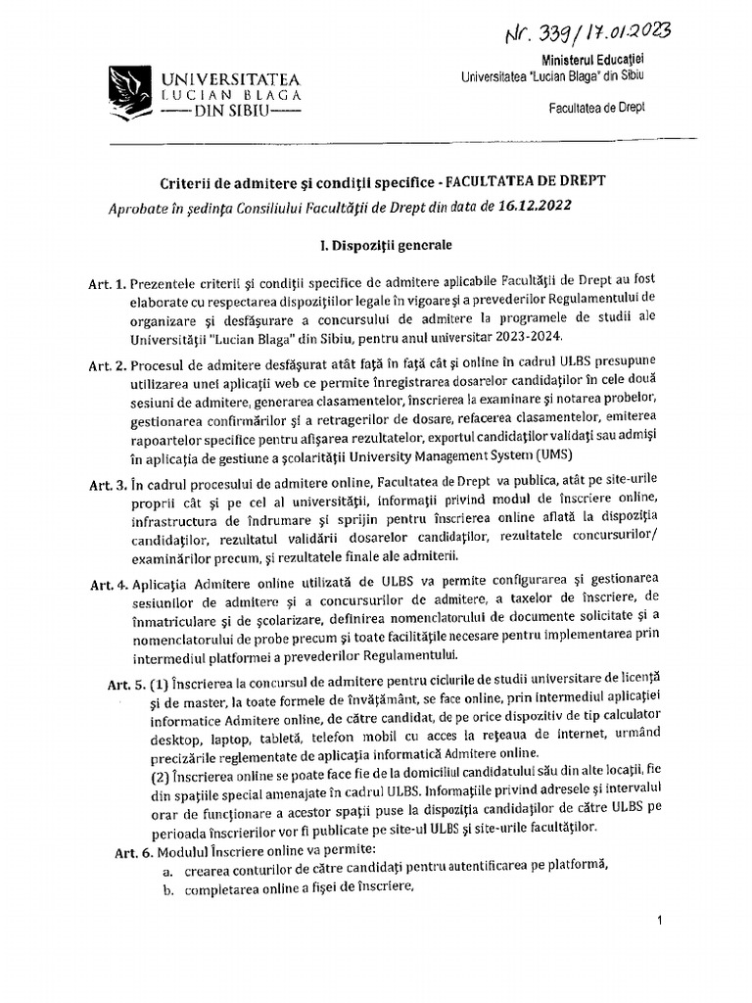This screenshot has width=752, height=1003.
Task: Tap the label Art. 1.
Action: click(x=108, y=285)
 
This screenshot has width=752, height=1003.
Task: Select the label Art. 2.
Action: click(x=108, y=366)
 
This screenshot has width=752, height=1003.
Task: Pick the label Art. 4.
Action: click(x=108, y=585)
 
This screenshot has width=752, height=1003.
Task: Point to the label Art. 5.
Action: click(x=126, y=683)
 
